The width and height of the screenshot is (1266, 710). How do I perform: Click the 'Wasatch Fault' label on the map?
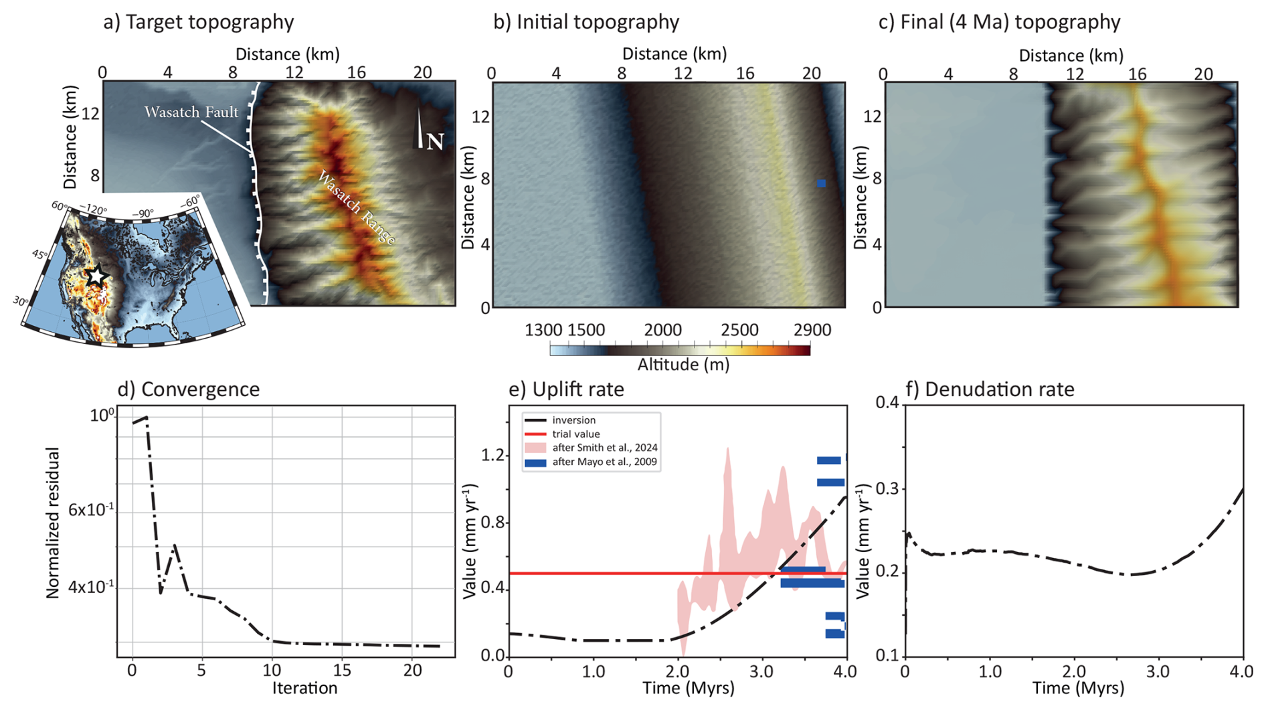[x=191, y=112]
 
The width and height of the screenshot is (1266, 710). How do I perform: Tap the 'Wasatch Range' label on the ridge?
[x=356, y=208]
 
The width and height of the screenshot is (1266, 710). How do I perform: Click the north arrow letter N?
[x=435, y=142]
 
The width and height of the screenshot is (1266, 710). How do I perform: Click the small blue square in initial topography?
[x=821, y=183]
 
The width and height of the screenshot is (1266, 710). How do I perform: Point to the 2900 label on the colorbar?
[x=812, y=331]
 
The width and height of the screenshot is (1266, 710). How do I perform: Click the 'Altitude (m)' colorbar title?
[x=683, y=365]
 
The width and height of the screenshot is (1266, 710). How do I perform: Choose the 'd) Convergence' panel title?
[x=189, y=389]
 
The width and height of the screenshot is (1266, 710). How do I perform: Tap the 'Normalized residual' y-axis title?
[x=54, y=523]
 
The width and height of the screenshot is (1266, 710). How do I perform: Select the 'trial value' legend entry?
[x=576, y=434]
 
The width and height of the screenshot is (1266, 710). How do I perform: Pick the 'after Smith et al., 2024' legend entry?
[x=604, y=448]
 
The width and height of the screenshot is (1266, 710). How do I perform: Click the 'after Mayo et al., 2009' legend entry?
[x=604, y=462]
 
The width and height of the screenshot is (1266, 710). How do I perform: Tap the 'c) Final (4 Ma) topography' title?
[x=999, y=22]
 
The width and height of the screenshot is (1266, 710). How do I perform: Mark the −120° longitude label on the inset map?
[x=93, y=209]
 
